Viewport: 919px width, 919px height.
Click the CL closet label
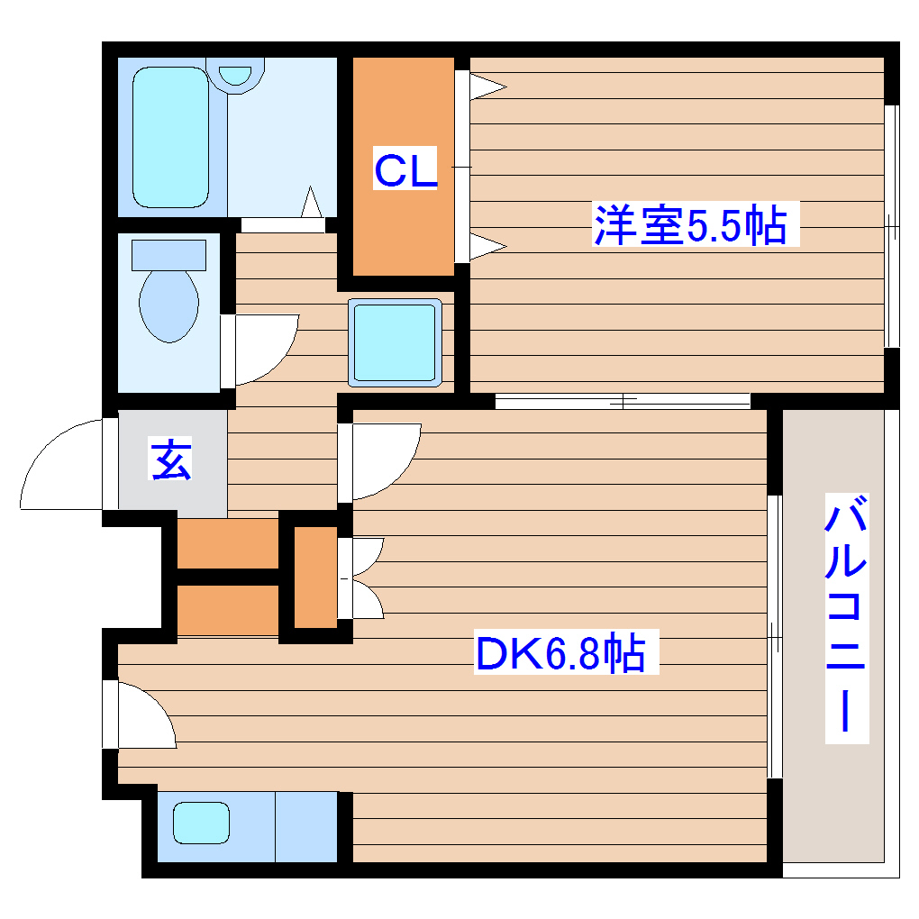tap(405, 170)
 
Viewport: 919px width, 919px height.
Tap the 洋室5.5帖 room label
tap(689, 225)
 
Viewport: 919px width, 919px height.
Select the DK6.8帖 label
tap(560, 655)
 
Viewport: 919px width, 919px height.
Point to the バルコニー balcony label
tap(847, 617)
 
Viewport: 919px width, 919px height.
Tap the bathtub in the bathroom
tap(170, 137)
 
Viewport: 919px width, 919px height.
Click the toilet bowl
tap(168, 305)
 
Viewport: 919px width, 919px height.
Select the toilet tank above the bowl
tap(168, 254)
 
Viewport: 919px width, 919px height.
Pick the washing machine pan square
tap(396, 342)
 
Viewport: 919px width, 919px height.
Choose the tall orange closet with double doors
tap(314, 577)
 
